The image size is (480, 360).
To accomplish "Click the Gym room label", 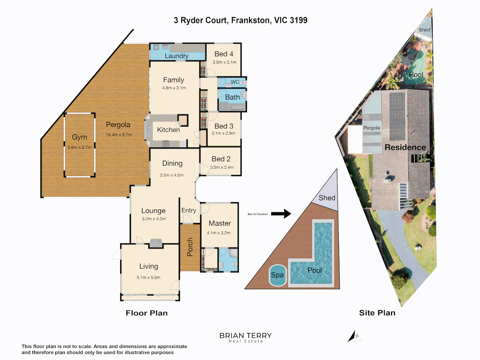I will coord(79,137).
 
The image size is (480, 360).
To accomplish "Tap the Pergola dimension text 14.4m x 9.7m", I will coord(119,135).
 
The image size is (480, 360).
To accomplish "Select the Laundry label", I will coord(176,56).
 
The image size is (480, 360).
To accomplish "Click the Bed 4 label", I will coord(224,54).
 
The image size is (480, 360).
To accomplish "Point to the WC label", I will coord(235,82).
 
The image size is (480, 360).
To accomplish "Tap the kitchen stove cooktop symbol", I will coord(166,144).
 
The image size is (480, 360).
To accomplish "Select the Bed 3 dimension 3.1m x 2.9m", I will coord(223,133).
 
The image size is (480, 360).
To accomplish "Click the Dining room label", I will coord(172,163).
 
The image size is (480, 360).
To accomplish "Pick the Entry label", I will coord(189,210).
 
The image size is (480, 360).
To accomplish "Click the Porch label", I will coord(190,247).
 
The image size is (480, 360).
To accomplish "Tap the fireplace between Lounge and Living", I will coord(156,243).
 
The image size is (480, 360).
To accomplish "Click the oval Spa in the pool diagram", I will coord(277,275).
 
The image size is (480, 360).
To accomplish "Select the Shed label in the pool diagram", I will coord(327,198).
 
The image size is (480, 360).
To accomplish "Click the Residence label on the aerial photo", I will coord(405,147).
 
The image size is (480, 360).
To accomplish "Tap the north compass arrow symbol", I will coord(354,336).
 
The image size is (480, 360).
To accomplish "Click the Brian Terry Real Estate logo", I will coord(246,337).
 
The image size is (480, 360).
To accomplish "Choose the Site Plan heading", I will coord(377,313).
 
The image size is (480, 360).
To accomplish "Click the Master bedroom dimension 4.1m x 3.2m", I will coord(218,233).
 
